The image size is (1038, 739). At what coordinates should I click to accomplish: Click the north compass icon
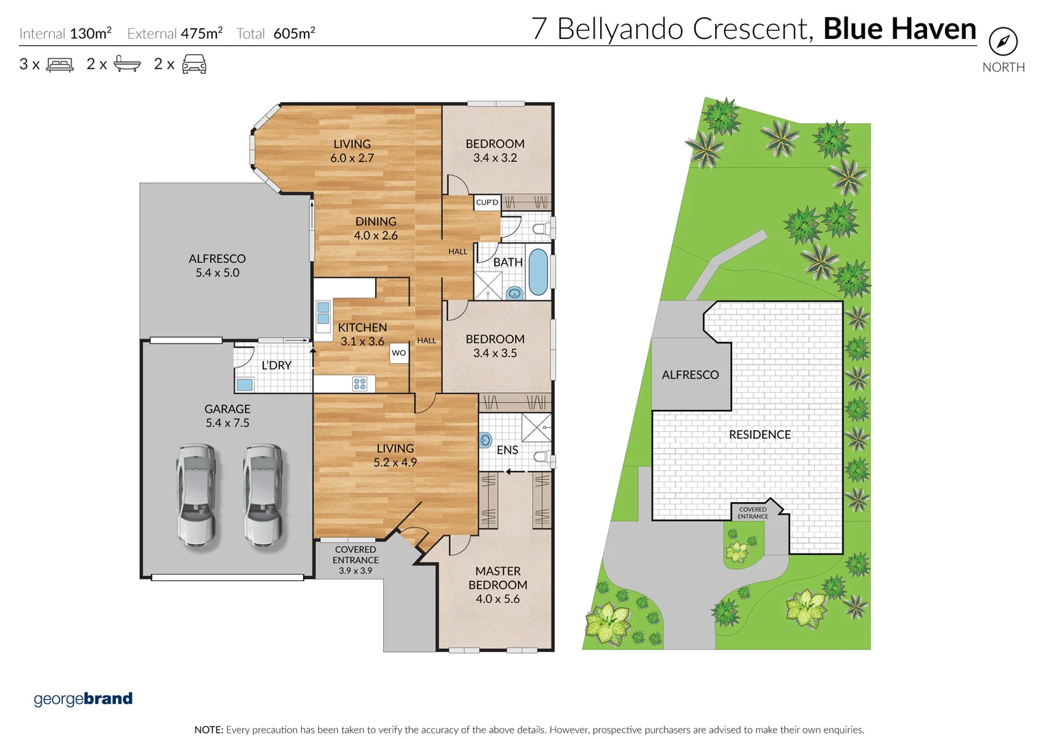(1002, 42)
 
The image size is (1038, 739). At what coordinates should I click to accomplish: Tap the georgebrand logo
(83, 699)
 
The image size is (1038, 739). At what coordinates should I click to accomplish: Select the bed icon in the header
(60, 64)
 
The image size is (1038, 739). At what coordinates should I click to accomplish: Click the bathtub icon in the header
(127, 64)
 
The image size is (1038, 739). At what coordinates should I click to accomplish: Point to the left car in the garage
(196, 495)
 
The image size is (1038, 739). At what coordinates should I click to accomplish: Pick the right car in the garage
(263, 495)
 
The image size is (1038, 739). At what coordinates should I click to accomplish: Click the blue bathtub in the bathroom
(538, 272)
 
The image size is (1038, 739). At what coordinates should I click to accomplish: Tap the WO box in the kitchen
(399, 353)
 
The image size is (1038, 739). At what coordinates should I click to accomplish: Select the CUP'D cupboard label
(487, 203)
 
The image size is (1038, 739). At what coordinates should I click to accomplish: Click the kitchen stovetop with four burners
(360, 384)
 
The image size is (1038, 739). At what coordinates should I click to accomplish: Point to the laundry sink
(244, 385)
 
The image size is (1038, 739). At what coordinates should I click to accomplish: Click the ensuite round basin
(485, 440)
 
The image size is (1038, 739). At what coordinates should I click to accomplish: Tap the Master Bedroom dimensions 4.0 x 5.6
(497, 599)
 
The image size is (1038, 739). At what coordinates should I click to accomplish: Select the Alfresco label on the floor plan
(217, 259)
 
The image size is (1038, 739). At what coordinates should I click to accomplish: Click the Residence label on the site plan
(760, 435)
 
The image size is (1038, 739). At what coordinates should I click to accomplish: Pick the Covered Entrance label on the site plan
(753, 513)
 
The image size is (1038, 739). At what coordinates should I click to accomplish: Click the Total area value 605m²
(294, 34)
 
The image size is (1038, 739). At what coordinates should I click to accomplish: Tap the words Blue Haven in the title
(899, 29)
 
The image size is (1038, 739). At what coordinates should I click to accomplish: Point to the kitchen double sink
(323, 314)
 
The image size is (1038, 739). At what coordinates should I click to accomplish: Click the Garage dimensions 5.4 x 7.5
(227, 423)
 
